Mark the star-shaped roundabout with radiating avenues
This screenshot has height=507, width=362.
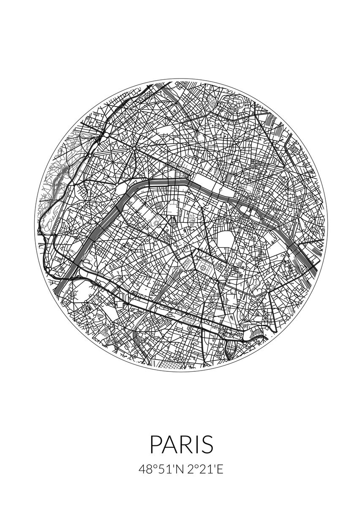click(x=134, y=148)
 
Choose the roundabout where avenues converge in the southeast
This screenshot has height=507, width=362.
click(x=268, y=291)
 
